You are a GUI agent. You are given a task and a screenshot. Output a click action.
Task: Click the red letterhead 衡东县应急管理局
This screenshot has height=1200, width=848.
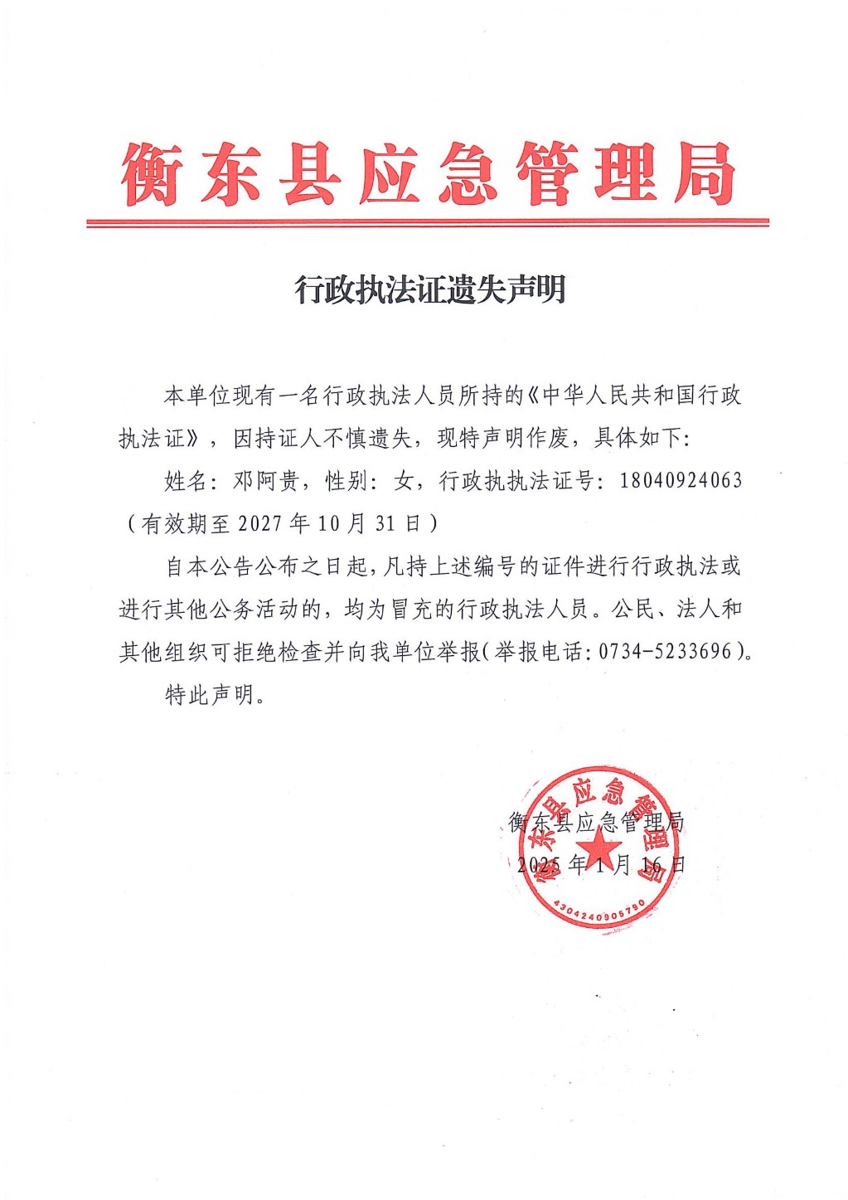428,174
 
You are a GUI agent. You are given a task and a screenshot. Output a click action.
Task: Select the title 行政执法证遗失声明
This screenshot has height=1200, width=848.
430,289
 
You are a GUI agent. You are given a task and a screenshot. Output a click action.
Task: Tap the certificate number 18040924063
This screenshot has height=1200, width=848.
681,480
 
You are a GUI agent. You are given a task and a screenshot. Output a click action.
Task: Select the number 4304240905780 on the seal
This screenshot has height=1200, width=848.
597,909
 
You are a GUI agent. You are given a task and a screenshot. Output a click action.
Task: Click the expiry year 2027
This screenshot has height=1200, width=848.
261,524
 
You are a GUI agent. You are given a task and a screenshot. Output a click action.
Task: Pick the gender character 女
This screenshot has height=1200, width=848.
404,481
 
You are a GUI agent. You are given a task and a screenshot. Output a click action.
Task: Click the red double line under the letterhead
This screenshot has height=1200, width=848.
428,222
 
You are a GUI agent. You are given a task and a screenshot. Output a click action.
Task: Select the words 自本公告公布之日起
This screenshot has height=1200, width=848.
266,566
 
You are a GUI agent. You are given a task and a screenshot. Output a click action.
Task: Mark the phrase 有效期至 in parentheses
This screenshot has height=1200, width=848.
187,524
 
